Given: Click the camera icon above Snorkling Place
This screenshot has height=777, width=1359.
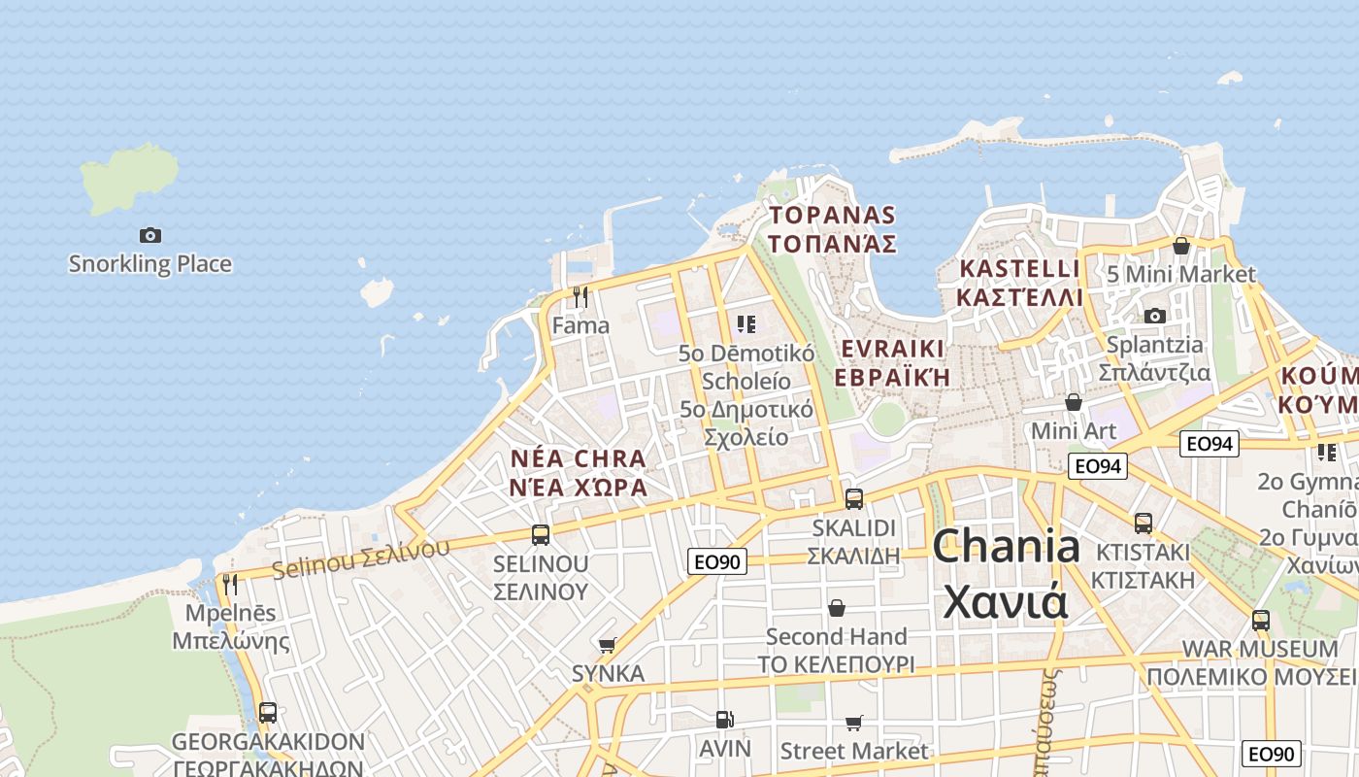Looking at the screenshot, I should pos(149,235).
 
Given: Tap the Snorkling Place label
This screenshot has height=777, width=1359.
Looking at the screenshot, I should pos(149,263).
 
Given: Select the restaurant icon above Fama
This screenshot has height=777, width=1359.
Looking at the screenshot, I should pos(580,296).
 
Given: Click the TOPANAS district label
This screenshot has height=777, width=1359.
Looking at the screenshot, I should pos(832,229).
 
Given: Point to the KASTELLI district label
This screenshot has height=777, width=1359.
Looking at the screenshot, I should pos(1019,282).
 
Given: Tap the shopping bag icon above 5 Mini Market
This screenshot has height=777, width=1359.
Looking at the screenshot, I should pos(1181,246).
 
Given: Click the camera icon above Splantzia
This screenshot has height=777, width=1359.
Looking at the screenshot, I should pos(1154,316).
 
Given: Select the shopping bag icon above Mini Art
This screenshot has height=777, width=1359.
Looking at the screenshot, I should pos(1074,401).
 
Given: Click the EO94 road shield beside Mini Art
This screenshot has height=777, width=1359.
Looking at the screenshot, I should pos(1098,466).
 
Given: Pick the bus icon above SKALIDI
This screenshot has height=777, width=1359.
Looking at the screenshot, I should pos(854,498).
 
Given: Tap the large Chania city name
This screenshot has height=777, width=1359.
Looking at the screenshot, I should pos(1007,573).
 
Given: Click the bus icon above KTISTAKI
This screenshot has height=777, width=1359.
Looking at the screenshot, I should pos(1144,523).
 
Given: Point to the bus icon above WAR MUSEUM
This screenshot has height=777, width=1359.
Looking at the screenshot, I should pos(1260,620).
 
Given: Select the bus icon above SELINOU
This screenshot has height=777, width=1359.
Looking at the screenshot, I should pos(541,534).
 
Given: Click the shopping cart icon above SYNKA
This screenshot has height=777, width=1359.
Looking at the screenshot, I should pos(608,645).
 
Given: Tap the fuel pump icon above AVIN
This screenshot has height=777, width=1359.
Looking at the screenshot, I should pos(724,720).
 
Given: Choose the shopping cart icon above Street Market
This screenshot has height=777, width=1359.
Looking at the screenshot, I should pos(853,723).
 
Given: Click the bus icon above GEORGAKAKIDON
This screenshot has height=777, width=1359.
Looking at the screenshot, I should pos(268,712).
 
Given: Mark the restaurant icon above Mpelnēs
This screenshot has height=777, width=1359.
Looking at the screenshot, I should pos(230,584).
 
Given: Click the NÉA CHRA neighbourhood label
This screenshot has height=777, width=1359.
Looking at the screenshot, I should pos(579,472).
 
